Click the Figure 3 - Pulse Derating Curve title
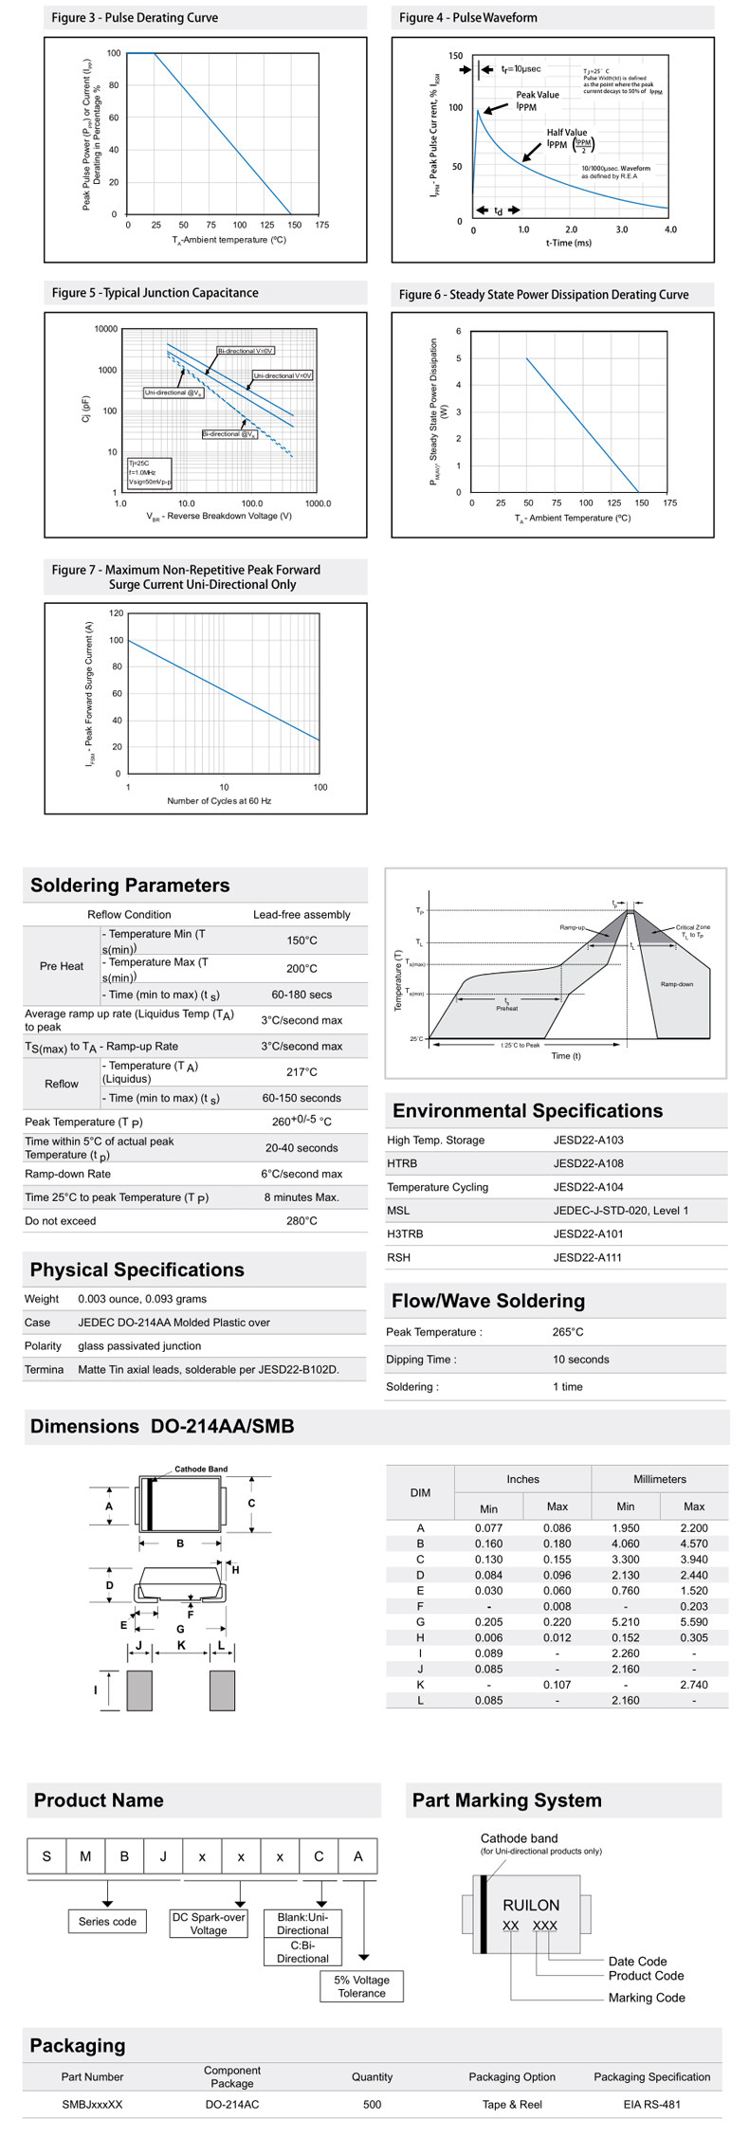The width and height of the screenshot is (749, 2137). point(135,18)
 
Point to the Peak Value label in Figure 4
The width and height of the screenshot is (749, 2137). point(537,95)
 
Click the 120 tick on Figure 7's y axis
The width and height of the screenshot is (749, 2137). point(116,613)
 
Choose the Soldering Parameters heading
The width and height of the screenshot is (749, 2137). point(130,886)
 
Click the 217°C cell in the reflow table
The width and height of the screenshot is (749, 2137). point(301,1072)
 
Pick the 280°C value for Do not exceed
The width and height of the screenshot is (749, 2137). point(301,1221)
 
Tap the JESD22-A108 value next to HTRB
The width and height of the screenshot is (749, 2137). point(588,1163)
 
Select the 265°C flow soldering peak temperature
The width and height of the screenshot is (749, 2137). point(568,1332)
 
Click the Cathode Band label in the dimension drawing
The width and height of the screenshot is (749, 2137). point(201,1469)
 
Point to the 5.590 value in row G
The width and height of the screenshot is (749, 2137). point(693,1622)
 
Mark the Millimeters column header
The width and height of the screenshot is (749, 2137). point(659,1479)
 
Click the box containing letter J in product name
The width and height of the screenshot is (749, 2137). point(163,1856)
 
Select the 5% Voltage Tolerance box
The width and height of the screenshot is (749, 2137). point(362,1986)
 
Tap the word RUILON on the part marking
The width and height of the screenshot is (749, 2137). point(531,1905)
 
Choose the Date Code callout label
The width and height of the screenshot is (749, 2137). point(637,1962)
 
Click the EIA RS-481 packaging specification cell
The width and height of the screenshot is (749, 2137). point(651,2104)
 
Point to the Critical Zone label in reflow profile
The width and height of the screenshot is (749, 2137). point(692,927)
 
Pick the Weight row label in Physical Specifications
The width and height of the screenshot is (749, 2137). point(42,1299)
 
